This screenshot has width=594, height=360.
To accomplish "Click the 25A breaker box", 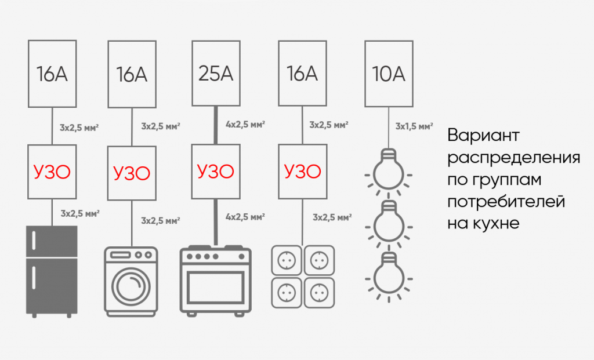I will point(215,73).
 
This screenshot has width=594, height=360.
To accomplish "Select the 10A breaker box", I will point(388,73).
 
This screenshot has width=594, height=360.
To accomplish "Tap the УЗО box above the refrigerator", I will point(52,172).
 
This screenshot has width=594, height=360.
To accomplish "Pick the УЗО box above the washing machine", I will point(132,172).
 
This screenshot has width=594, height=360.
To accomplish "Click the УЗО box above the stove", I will point(215,172).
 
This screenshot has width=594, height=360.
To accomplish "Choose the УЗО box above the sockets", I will point(302,172).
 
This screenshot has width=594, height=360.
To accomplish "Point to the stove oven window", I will point(215,288).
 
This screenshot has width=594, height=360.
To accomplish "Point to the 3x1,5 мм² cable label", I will point(414,126).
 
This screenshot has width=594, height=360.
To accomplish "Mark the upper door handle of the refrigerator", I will point(35,241).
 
